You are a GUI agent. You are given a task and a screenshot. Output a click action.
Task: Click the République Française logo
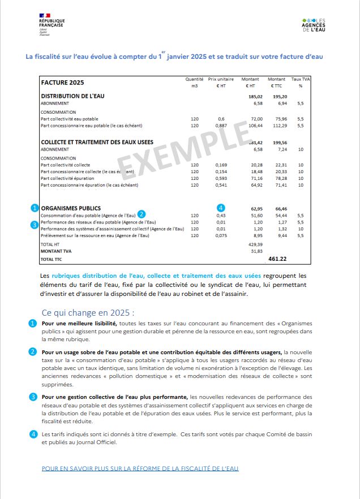[x=51, y=25]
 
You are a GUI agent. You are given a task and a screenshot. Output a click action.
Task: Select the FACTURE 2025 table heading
[x=63, y=83]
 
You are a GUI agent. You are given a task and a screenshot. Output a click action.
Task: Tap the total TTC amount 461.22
[x=277, y=259]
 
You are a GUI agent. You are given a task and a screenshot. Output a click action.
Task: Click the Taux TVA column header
[x=300, y=83]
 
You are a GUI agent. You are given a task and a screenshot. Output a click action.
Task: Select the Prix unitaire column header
[x=221, y=83]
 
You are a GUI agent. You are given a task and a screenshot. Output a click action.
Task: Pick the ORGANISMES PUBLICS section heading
[x=71, y=208]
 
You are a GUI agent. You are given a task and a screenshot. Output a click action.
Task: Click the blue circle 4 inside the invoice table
[x=221, y=208]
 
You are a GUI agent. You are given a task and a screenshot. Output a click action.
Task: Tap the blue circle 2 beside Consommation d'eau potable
[x=142, y=214]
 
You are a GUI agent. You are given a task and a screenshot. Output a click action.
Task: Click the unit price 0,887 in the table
[x=221, y=126]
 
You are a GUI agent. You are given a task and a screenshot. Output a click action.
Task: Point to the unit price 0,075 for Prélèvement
[x=221, y=235]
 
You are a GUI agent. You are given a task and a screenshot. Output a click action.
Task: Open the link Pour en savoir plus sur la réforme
[x=140, y=468]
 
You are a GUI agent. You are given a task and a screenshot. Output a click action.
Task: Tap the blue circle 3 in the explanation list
[x=34, y=397]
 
